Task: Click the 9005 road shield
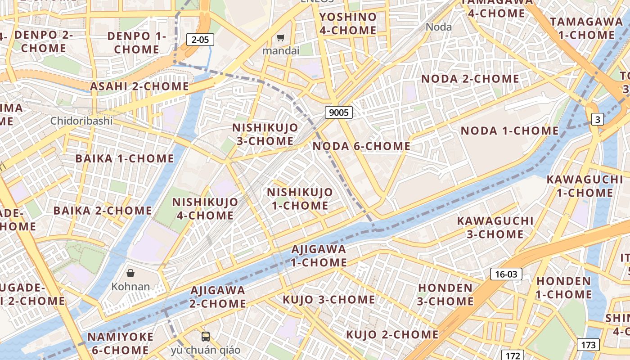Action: [338, 112]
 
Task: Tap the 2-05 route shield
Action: [200, 40]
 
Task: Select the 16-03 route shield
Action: [506, 274]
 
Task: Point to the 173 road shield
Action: [588, 345]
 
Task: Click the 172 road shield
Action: [513, 355]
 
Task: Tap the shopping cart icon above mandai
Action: [281, 38]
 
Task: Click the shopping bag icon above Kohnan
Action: [130, 273]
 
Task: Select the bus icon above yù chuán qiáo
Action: [205, 336]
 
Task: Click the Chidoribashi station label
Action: [81, 121]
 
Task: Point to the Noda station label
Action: [438, 27]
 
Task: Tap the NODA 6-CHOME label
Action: [361, 146]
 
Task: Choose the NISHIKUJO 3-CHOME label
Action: [265, 134]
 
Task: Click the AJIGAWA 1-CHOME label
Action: [319, 255]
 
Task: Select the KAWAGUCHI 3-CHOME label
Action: [489, 227]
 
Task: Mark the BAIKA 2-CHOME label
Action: [103, 211]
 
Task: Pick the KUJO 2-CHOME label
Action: [392, 334]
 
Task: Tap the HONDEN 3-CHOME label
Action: [445, 294]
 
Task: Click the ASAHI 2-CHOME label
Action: [139, 86]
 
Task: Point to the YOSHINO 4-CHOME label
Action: [348, 23]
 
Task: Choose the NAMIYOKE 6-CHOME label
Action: [120, 343]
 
